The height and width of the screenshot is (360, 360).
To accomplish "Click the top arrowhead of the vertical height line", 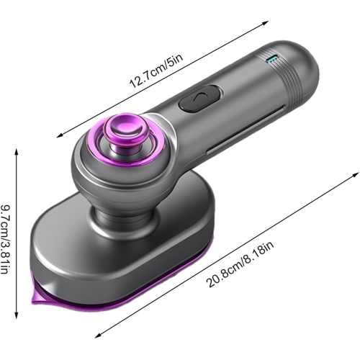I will (17, 150).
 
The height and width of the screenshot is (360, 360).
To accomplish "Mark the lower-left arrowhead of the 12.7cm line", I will (57, 135).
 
